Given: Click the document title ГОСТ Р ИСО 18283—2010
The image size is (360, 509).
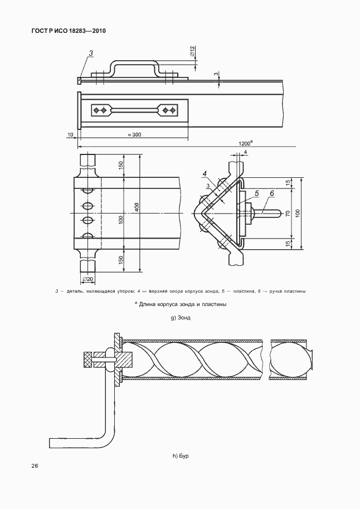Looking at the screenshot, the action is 69,31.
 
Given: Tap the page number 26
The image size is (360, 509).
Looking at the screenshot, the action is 35,466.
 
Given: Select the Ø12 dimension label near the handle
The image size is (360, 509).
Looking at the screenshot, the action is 192,52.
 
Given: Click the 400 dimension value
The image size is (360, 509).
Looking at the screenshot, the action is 137,207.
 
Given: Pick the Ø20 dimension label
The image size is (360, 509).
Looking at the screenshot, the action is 87,279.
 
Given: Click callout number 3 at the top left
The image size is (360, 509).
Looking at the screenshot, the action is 91,52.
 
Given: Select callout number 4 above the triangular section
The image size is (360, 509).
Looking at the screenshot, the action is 205,174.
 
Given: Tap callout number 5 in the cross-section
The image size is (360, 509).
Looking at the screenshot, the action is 256,193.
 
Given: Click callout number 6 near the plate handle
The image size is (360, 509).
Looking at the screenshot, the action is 272,193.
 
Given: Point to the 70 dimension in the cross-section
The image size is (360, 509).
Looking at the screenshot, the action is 288,214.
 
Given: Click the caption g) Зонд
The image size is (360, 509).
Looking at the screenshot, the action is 181,317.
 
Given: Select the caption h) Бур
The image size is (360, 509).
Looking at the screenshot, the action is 181,456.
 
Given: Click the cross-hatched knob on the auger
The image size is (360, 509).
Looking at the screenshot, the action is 87,360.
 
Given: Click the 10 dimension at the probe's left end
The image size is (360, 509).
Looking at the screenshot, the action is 70,134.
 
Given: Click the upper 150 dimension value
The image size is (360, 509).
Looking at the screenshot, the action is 121,166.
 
